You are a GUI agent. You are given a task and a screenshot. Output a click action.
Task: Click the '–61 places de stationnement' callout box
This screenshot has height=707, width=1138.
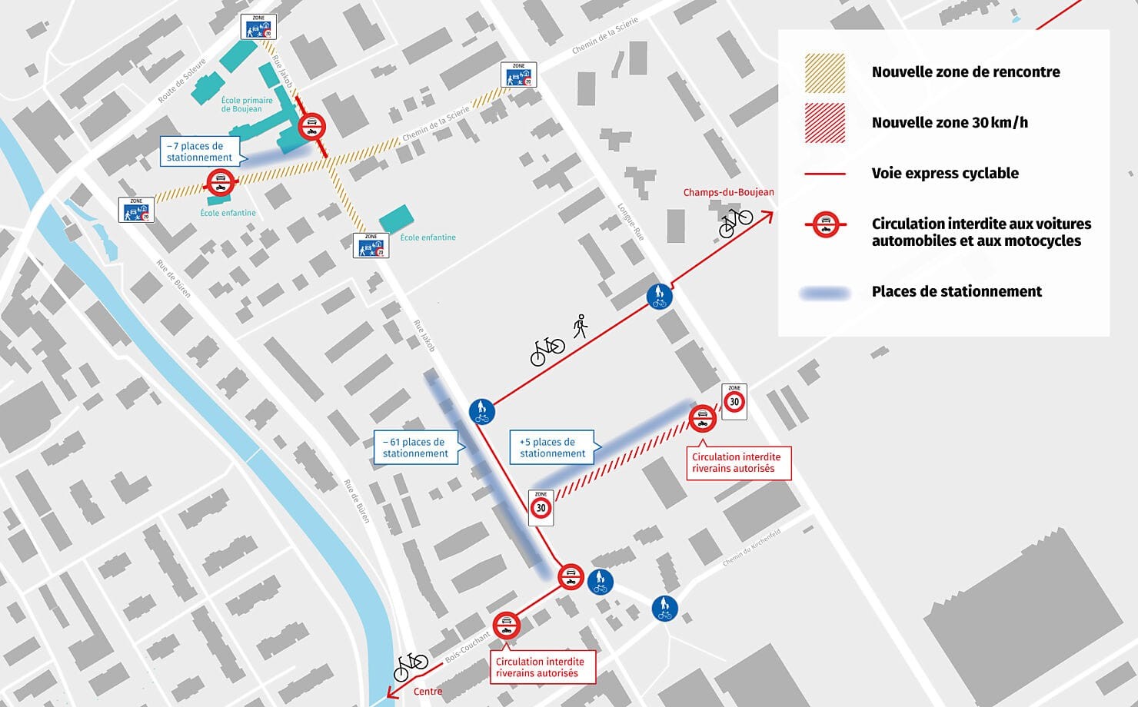tap(415, 447)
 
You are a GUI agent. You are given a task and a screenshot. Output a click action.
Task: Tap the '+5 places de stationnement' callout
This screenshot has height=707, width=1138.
tap(551, 447)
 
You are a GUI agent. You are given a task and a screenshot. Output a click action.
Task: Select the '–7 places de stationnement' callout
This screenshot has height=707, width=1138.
tap(200, 151)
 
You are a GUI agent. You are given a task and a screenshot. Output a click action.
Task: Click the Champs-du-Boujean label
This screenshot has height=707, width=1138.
tap(728, 192)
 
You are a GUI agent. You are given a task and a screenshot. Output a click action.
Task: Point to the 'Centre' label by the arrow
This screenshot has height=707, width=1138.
tap(428, 692)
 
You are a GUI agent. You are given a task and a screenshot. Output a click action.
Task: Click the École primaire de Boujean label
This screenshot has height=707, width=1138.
tap(246, 105)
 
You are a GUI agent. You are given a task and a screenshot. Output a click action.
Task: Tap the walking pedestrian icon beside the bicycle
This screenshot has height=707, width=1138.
tap(581, 326)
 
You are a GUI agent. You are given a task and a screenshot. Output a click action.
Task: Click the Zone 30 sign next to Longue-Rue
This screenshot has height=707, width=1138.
tap(734, 400)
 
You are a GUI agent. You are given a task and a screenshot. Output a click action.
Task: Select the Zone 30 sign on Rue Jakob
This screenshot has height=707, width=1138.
tap(541, 507)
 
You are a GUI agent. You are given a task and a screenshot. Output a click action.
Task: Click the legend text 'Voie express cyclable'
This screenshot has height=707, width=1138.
tap(944, 174)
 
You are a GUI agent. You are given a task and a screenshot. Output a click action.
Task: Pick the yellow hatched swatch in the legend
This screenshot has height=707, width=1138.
tap(824, 73)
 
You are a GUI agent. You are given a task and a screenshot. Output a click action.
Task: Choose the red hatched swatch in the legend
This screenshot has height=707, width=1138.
tap(824, 123)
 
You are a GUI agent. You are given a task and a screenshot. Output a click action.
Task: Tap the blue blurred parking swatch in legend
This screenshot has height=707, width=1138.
tap(824, 293)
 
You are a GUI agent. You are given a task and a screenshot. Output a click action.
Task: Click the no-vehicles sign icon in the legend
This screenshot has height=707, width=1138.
tap(825, 224)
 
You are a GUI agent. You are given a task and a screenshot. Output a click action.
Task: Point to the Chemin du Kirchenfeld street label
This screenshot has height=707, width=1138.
tap(751, 548)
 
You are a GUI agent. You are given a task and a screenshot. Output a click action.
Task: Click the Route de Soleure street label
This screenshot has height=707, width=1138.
tap(182, 81)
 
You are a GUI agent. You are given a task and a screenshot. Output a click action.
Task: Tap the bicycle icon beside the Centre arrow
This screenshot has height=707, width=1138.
tap(411, 666)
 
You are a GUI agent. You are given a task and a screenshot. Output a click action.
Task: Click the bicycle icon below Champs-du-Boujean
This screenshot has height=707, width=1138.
tap(735, 221)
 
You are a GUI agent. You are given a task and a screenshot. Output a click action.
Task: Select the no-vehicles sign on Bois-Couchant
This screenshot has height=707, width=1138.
tap(506, 626)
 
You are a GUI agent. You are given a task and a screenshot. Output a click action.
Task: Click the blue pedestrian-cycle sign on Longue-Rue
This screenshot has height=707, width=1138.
tap(659, 297)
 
